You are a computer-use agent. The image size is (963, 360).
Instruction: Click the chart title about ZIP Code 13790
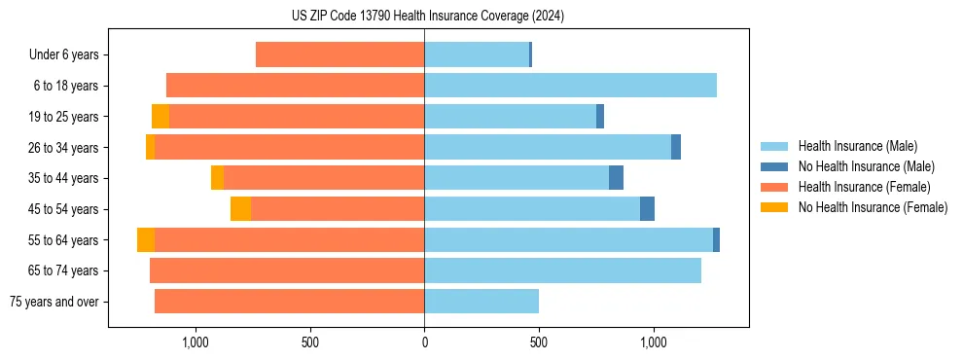[x=428, y=17]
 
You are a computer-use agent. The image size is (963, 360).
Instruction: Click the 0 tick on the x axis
[x=424, y=342]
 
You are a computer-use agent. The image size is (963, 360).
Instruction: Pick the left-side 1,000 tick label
[x=196, y=342]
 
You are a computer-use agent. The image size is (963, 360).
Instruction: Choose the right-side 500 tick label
[x=539, y=342]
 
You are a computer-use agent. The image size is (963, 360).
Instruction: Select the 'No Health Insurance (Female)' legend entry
[x=873, y=207]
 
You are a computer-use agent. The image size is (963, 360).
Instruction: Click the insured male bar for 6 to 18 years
[x=570, y=86]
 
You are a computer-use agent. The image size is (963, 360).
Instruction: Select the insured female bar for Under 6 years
[x=339, y=54]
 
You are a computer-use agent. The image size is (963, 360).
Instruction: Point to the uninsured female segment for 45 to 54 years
[x=240, y=209]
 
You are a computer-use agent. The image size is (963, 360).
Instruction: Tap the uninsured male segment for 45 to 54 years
[x=647, y=209]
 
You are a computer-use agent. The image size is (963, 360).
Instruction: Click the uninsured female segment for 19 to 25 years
[x=160, y=117]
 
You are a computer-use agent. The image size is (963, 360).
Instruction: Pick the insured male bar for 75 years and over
[x=481, y=302]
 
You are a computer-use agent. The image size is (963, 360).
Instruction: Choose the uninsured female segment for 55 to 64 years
[x=146, y=239]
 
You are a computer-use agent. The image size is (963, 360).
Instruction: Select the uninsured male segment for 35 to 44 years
[x=616, y=178]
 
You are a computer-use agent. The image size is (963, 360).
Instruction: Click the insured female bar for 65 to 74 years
[x=287, y=270]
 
